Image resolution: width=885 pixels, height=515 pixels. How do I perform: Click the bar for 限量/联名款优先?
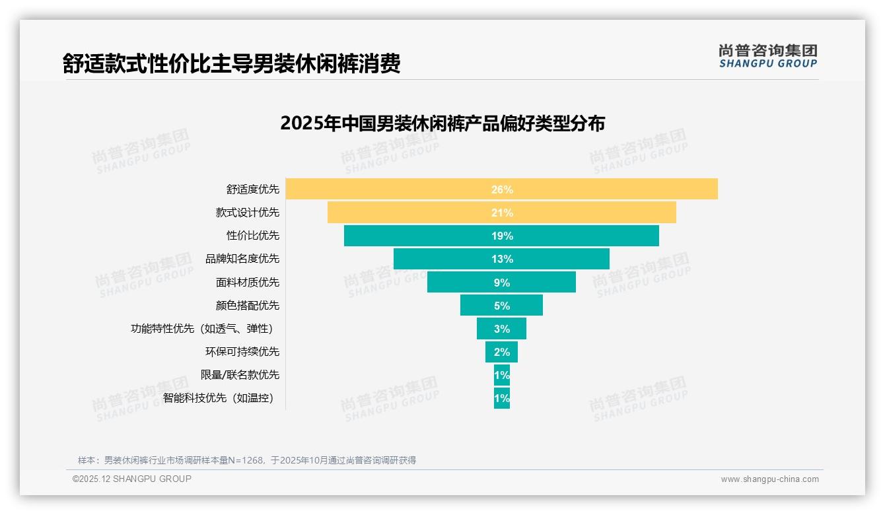pyautogui.click(x=502, y=375)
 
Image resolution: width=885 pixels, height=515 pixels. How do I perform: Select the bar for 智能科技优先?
pyautogui.click(x=502, y=398)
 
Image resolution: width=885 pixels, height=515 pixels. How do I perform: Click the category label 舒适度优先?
pyautogui.click(x=253, y=189)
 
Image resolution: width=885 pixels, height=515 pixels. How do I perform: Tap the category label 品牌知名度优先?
pyautogui.click(x=242, y=259)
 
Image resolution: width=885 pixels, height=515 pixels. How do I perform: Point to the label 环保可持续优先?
pyautogui.click(x=242, y=351)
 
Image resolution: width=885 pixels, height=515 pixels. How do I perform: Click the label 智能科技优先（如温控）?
pyautogui.click(x=218, y=398)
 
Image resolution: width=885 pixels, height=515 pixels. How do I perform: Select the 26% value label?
pyautogui.click(x=502, y=189)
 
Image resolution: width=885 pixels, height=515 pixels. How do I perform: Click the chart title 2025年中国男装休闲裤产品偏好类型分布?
pyautogui.click(x=442, y=123)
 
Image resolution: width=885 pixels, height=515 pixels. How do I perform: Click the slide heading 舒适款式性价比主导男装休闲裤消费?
pyautogui.click(x=231, y=63)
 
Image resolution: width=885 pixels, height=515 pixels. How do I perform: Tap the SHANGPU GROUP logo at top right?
pyautogui.click(x=768, y=56)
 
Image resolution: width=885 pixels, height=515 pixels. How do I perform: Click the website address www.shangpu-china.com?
pyautogui.click(x=769, y=479)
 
